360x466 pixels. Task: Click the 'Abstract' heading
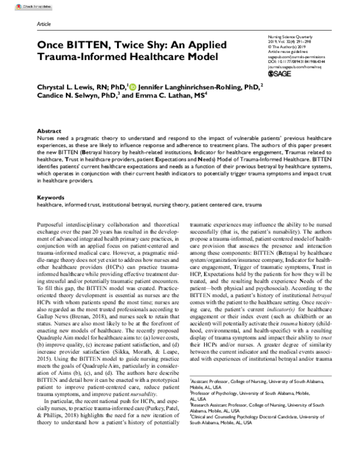49,130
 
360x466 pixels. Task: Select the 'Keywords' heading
50,181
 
